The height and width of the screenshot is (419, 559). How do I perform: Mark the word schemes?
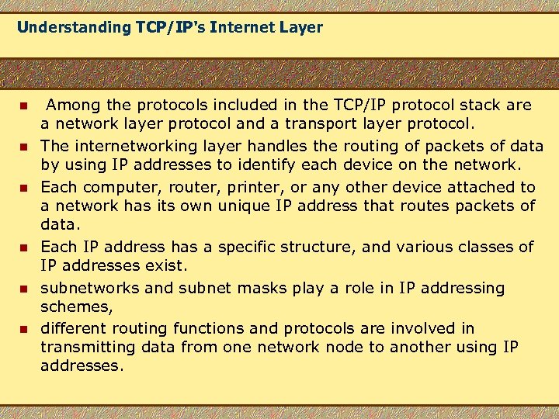pos(76,307)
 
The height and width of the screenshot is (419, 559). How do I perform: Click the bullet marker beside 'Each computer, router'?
pos(24,187)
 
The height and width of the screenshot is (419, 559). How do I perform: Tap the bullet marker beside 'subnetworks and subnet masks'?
pos(24,289)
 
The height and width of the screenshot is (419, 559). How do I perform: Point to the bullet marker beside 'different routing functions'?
pos(24,329)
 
